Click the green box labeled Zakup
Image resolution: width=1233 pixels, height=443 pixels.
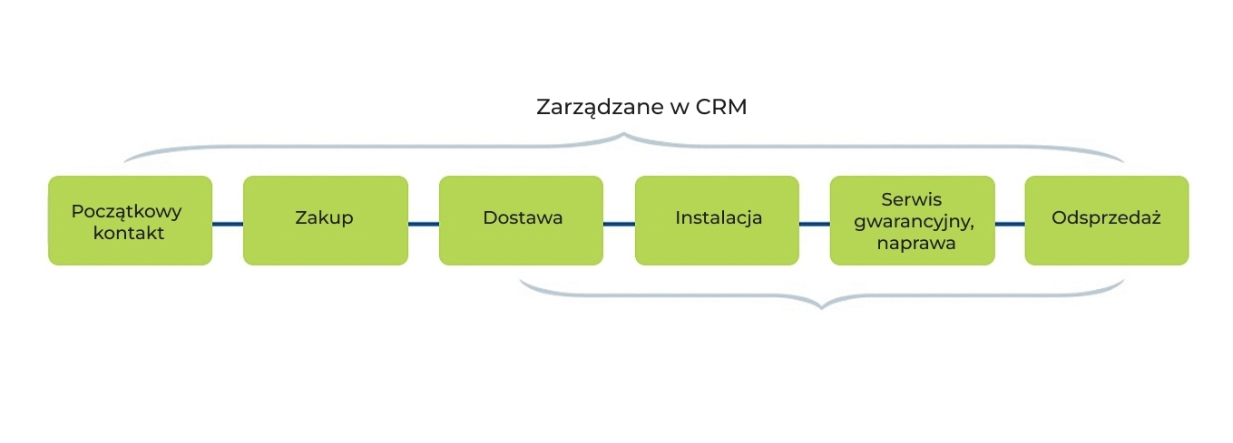tap(325, 220)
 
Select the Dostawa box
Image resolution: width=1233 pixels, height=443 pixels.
tap(521, 220)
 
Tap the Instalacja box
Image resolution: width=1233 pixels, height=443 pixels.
tap(717, 220)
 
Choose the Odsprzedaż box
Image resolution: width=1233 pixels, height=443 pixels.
tap(1106, 220)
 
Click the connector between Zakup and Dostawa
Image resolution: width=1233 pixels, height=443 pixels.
tap(424, 223)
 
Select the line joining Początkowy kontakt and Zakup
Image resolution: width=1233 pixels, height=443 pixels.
tap(228, 223)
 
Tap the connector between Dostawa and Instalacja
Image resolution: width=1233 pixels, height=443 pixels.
tap(619, 223)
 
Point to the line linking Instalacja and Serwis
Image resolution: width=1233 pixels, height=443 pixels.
tap(815, 223)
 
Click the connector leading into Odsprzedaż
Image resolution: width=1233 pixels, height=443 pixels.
tap(1010, 223)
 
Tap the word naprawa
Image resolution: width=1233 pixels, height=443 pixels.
tap(912, 243)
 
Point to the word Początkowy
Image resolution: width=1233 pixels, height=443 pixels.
tap(126, 211)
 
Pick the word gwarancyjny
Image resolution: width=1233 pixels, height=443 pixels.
tap(912, 221)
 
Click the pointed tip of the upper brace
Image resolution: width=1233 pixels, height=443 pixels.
tap(624, 136)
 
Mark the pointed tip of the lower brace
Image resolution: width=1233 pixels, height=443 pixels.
tap(821, 307)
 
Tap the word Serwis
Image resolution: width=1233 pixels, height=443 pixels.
tap(911, 199)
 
